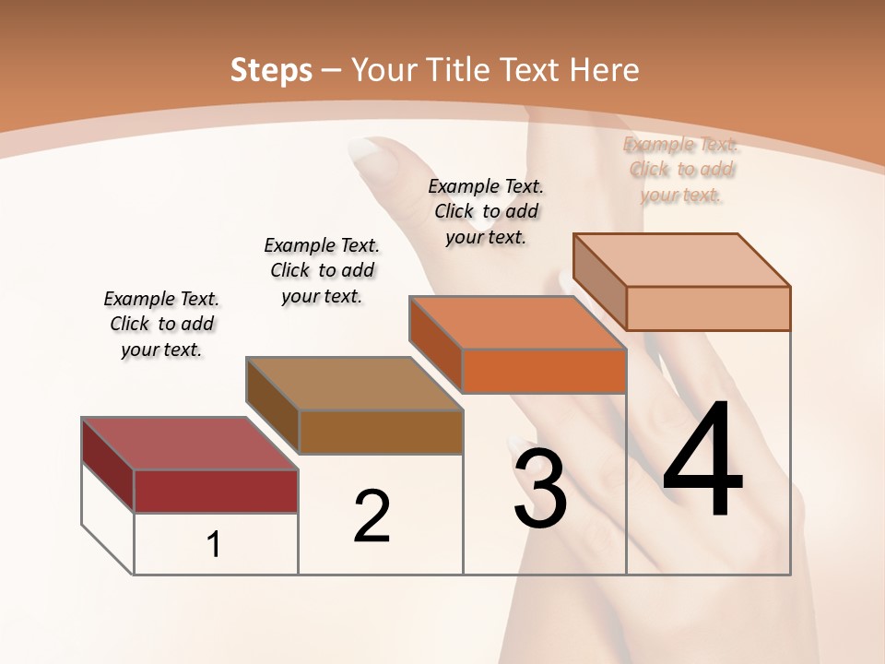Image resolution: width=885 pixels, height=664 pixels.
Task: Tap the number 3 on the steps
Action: click(x=539, y=489)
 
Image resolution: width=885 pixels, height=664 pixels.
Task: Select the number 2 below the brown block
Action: click(x=372, y=516)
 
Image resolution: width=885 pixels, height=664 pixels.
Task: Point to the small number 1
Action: click(x=213, y=545)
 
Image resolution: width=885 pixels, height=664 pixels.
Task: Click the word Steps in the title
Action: click(x=271, y=70)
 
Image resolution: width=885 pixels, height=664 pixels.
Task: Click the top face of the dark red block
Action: click(x=189, y=443)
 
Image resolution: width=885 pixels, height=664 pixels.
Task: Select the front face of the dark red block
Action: click(x=216, y=491)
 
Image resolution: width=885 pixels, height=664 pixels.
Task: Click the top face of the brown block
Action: click(x=354, y=384)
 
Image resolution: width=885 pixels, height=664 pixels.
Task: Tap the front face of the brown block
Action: click(x=381, y=432)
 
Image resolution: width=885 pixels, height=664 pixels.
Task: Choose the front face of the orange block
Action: click(x=544, y=371)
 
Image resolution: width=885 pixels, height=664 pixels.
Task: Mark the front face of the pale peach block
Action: click(x=708, y=308)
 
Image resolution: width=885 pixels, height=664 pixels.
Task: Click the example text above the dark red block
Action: click(x=161, y=324)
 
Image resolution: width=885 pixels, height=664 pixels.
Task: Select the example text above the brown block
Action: click(x=322, y=270)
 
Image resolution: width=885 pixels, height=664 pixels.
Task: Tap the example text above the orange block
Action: click(x=486, y=211)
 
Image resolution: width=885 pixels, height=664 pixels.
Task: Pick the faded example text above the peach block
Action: click(x=681, y=169)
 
